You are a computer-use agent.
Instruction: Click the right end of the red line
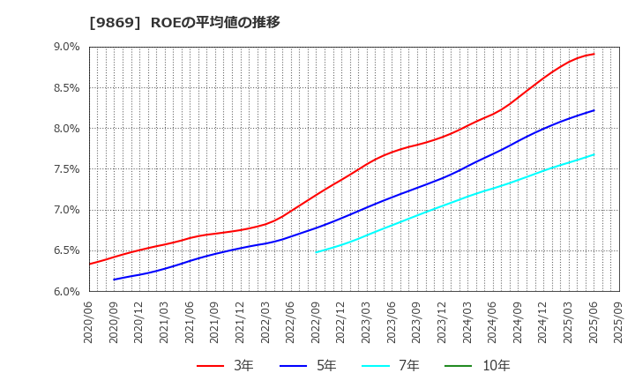click(594, 54)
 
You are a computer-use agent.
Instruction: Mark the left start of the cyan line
click(317, 252)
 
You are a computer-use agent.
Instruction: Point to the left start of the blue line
click(115, 280)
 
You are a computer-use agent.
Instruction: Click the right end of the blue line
click(594, 110)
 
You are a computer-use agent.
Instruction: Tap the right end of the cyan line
click(594, 154)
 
